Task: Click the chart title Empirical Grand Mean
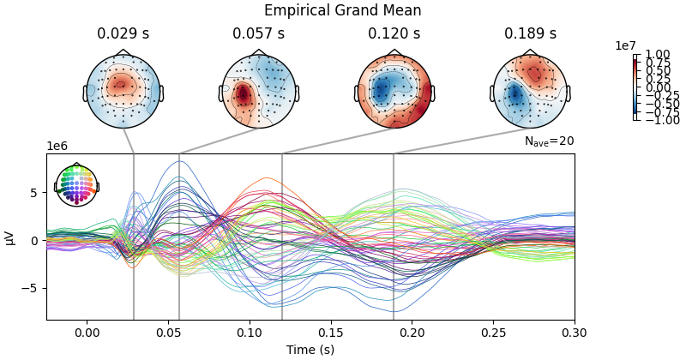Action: pyautogui.click(x=342, y=10)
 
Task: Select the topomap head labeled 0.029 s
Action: pyautogui.click(x=123, y=91)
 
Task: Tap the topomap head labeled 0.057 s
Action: pyautogui.click(x=259, y=91)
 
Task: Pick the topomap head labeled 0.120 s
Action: pyautogui.click(x=394, y=91)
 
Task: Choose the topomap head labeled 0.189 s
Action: pyautogui.click(x=530, y=91)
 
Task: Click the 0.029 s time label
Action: pyautogui.click(x=123, y=34)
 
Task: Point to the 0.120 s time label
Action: pyautogui.click(x=394, y=34)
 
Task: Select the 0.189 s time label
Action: pyautogui.click(x=530, y=34)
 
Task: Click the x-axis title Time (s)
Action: pyautogui.click(x=310, y=350)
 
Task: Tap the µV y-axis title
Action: pyautogui.click(x=10, y=237)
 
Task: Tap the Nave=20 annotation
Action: pyautogui.click(x=549, y=141)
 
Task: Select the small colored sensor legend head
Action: pyautogui.click(x=76, y=184)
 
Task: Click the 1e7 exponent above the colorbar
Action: pyautogui.click(x=626, y=45)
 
